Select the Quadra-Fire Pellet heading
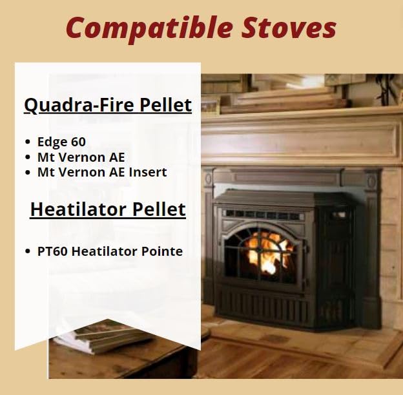pos(108,105)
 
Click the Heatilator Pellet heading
pos(108,209)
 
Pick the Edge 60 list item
pos(61,142)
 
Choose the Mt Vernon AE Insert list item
pos(102,172)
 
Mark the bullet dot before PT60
pos(28,251)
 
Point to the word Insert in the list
pos(148,172)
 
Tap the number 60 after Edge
pos(77,142)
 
